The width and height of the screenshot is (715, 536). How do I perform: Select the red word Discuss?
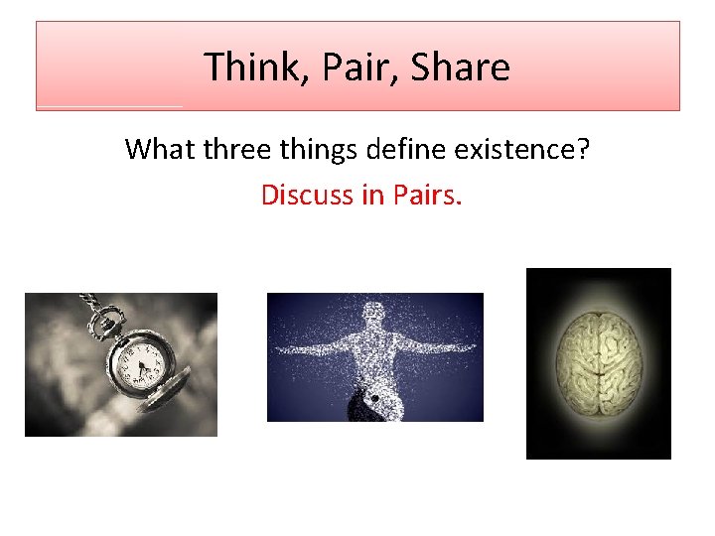pyautogui.click(x=307, y=195)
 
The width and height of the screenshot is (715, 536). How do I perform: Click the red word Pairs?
pyautogui.click(x=427, y=195)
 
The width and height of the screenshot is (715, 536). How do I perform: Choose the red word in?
pyautogui.click(x=372, y=195)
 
